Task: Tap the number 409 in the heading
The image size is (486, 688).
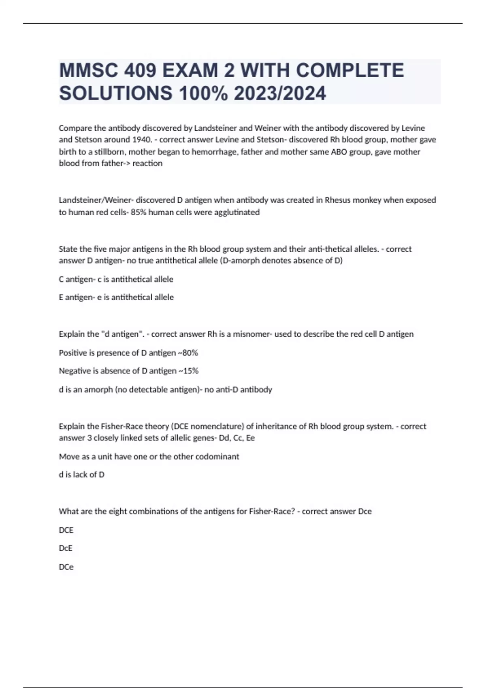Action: [x=140, y=71]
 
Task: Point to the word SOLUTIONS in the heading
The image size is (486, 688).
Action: [x=116, y=93]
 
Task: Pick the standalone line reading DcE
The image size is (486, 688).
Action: [x=66, y=548]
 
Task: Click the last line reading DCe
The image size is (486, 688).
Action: [x=66, y=567]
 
